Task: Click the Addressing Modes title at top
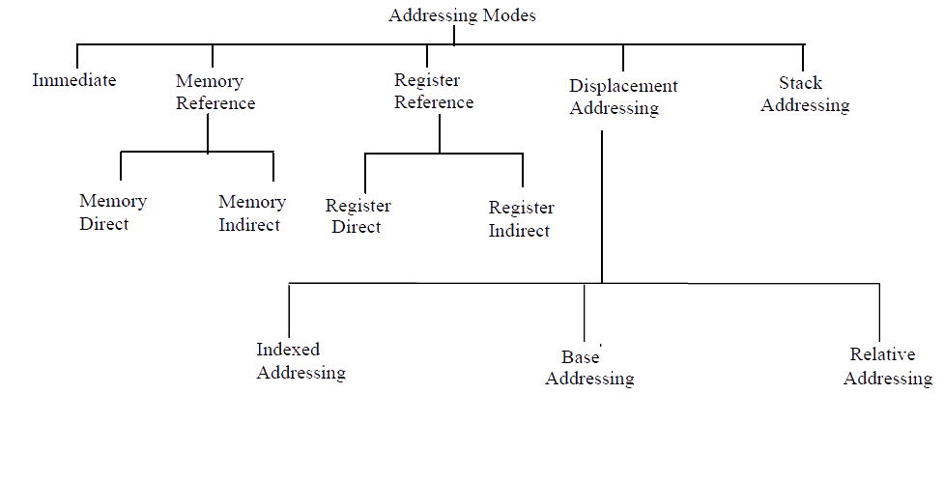coord(462,15)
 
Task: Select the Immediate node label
coord(74,80)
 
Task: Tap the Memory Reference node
coord(215,93)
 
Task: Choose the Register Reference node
coord(434,92)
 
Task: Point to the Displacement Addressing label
coord(623,97)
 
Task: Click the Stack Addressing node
coord(804,95)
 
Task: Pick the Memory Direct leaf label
coord(112,212)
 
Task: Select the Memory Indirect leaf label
coord(251,213)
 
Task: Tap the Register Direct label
coord(358,216)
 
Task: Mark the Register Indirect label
coord(521,219)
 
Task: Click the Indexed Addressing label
coord(300,361)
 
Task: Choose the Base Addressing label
coord(589,368)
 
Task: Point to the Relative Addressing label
coord(887,367)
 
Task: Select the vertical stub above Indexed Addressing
coord(290,309)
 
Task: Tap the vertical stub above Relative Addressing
coord(879,311)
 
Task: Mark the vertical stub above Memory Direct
coord(121,166)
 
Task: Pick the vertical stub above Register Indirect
coord(523,170)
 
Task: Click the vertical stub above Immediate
coord(77,56)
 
